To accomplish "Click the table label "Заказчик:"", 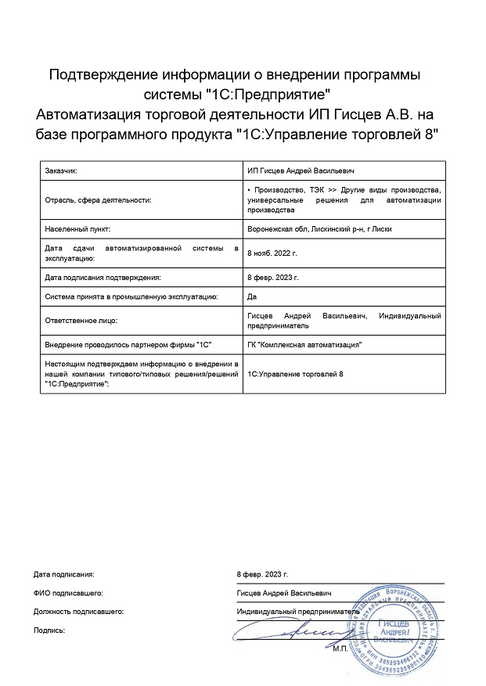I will (62, 170).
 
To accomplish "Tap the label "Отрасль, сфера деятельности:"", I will (98, 199).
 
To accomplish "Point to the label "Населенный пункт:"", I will (78, 229).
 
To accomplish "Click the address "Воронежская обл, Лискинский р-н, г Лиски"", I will (319, 229).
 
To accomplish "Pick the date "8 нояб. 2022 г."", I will (272, 253).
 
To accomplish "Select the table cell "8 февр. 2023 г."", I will (272, 277).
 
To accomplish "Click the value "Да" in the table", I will (251, 296).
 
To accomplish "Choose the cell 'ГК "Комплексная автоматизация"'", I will (304, 344).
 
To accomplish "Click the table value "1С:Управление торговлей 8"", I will (295, 375).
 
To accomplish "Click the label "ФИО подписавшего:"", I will (69, 593).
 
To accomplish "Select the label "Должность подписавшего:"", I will (79, 611).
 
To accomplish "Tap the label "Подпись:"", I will (49, 629).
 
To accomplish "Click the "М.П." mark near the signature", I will (340, 648).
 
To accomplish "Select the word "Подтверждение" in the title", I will (104, 75).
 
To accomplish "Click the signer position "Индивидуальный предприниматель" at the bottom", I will (298, 611).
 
